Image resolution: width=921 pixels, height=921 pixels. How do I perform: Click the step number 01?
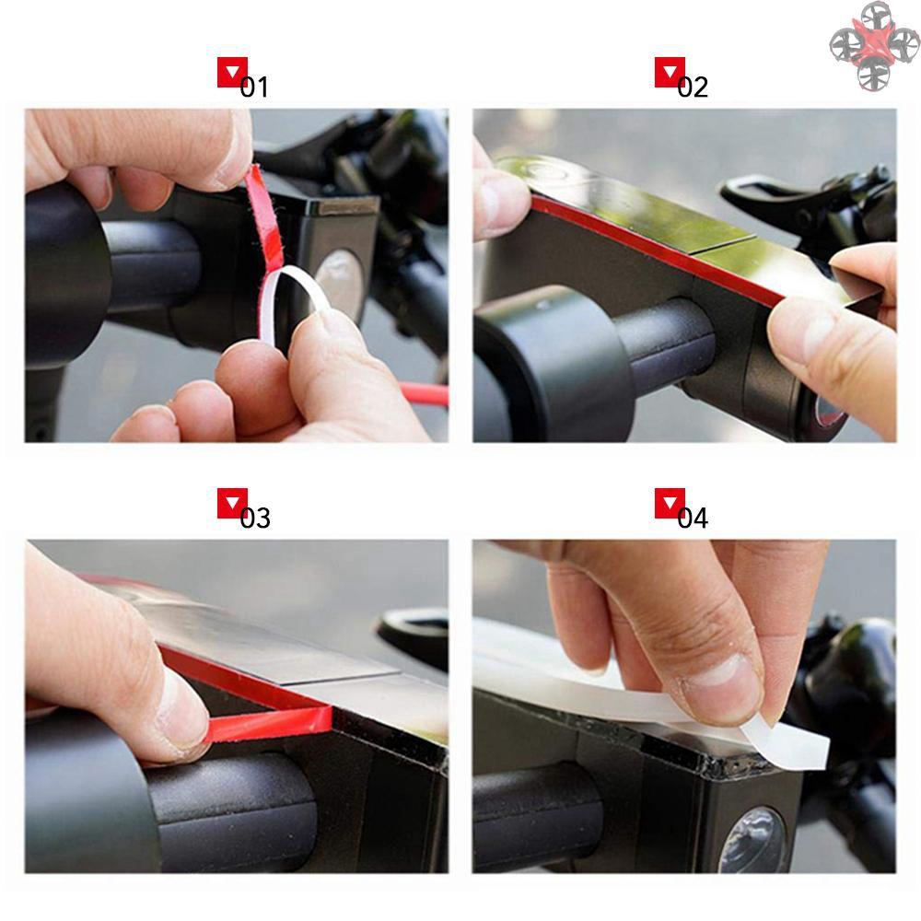pos(254,87)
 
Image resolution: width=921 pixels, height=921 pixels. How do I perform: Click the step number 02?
pos(693,87)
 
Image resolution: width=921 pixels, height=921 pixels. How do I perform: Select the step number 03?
pos(255,518)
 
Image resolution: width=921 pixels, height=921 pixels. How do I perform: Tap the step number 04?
pos(693,518)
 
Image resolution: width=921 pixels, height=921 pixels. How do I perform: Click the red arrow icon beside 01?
pos(232,72)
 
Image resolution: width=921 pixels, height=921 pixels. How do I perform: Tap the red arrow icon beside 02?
pos(670,72)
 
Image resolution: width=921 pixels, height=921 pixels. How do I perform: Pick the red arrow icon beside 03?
pos(232,503)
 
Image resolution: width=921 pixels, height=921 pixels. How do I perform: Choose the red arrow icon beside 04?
pos(670,503)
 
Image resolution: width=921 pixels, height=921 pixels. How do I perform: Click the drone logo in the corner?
pos(874,45)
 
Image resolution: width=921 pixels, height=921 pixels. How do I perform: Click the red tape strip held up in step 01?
pos(265,221)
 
